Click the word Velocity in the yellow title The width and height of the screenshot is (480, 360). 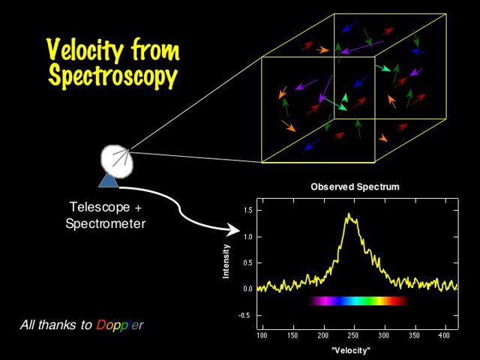point(83,50)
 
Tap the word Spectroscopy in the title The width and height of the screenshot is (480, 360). point(112,76)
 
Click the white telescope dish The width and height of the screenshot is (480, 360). point(116,158)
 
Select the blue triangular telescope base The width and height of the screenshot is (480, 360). point(109,179)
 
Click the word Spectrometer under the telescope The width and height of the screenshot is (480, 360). point(105,223)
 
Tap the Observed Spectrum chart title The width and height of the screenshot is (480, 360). point(355,187)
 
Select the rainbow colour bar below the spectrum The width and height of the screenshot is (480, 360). point(358,301)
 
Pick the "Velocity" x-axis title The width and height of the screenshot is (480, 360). point(352,350)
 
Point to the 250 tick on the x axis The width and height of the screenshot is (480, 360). point(354,336)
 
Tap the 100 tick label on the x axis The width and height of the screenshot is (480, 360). point(262,336)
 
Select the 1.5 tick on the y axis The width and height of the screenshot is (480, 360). point(247,211)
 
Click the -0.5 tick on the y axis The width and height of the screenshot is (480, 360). point(245,315)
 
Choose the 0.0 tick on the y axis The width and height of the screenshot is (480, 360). point(247,289)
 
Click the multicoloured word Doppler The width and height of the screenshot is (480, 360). point(119,325)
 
